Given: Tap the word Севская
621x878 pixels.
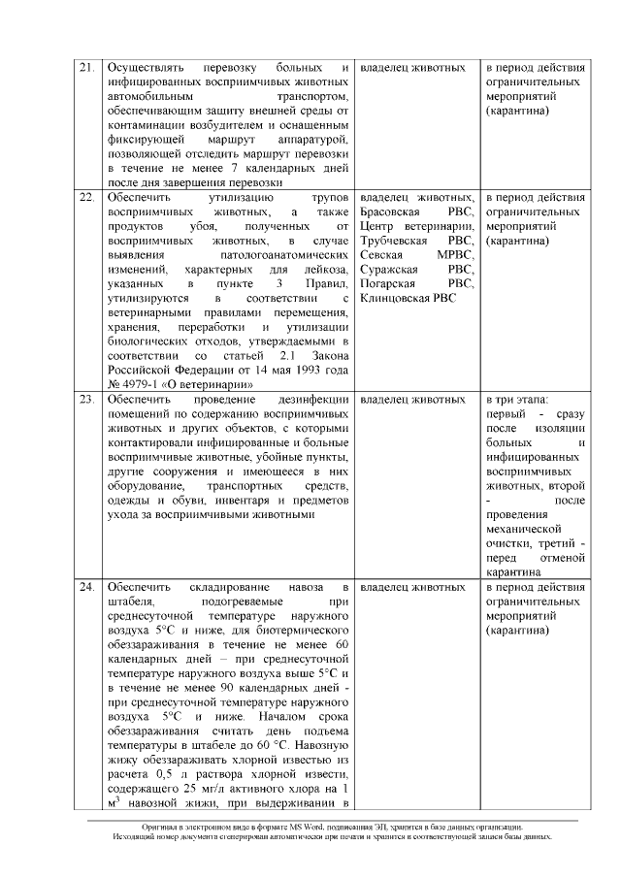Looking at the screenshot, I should pyautogui.click(x=381, y=254).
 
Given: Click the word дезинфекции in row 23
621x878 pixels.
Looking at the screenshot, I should pyautogui.click(x=309, y=400).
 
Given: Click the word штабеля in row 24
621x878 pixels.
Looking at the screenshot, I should pyautogui.click(x=130, y=602).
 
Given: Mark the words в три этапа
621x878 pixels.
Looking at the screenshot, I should pyautogui.click(x=516, y=400).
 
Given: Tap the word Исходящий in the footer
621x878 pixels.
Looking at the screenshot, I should pyautogui.click(x=136, y=836).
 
